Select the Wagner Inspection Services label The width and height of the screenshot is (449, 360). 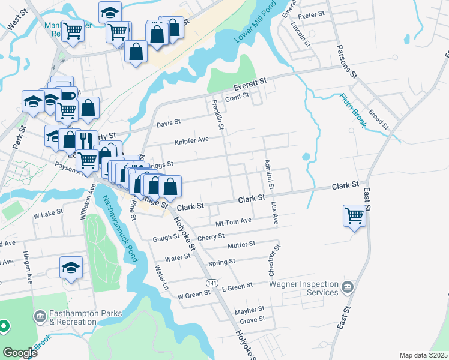[x=303, y=287]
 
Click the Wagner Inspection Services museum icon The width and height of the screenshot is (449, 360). [x=347, y=288]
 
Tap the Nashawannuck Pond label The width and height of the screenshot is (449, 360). [x=120, y=229]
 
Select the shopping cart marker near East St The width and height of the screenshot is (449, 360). [x=354, y=215]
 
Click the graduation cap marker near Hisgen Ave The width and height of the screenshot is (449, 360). [x=71, y=268]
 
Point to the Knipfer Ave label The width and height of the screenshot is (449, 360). [x=191, y=142]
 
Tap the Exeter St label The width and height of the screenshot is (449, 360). [x=310, y=13]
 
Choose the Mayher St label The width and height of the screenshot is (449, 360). [x=250, y=311]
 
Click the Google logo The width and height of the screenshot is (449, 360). [x=20, y=353]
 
